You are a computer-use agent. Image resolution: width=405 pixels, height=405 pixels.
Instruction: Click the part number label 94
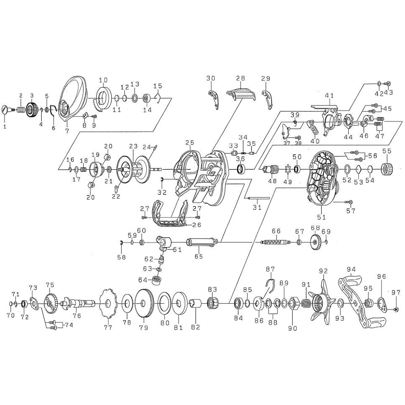pos(351,270)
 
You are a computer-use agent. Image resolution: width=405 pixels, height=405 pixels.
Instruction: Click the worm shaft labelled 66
pos(275,242)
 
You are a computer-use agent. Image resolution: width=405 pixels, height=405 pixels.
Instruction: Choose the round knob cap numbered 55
pos(387,169)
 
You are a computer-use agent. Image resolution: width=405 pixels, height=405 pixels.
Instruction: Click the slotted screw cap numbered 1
pos(7,110)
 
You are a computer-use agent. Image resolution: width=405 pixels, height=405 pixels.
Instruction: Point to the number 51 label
pos(321,217)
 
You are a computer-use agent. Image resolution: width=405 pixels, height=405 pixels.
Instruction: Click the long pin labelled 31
pos(258,198)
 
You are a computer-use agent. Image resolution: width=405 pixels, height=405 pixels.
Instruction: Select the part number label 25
pos(190,143)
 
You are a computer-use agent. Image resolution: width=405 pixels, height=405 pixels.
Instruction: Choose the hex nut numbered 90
pos(293,302)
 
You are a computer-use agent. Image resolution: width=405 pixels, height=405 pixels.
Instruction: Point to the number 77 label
pos(108,327)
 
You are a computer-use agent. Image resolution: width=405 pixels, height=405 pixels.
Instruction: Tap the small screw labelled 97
pos(395,309)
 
